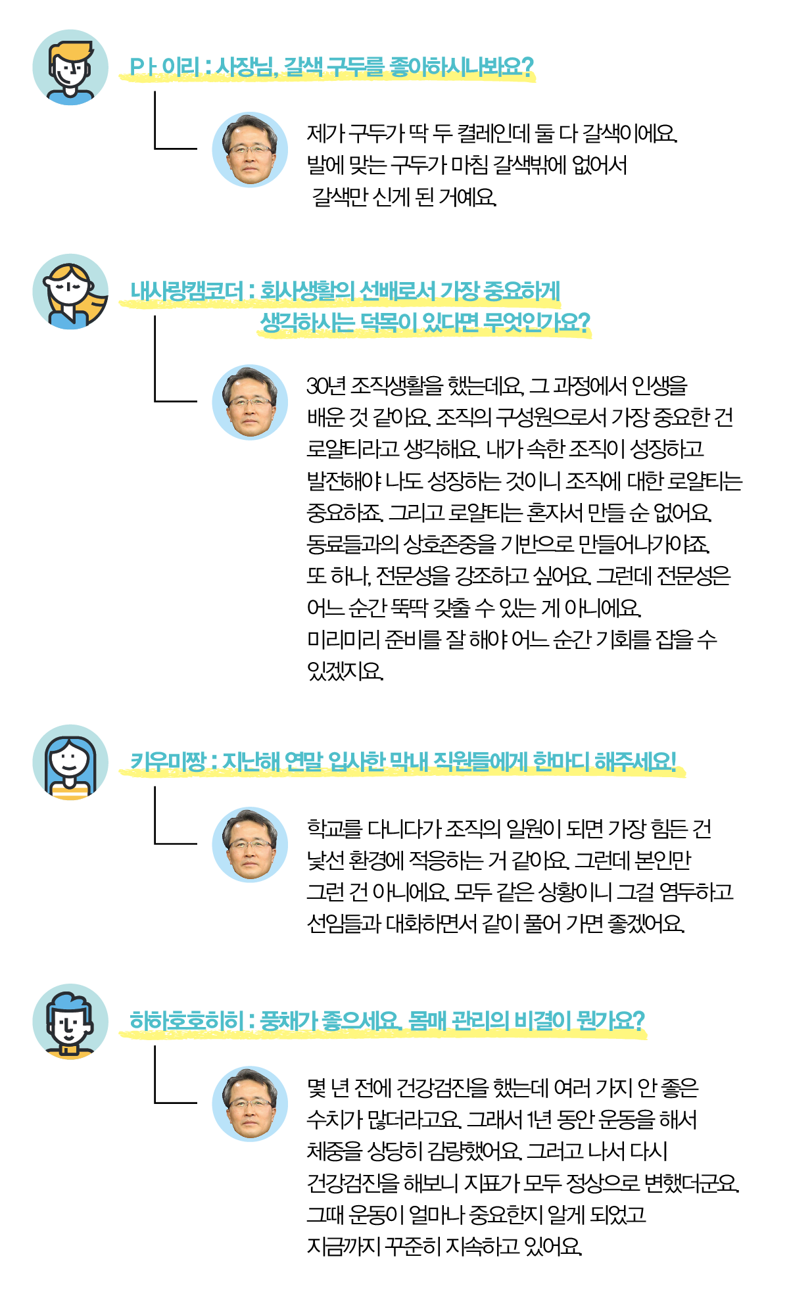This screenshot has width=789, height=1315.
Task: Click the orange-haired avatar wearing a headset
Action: coord(70,67)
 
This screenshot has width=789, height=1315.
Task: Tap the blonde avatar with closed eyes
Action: coord(70,292)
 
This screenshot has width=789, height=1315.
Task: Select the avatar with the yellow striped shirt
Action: coord(70,763)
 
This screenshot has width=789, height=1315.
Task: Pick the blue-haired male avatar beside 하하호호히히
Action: coord(70,1021)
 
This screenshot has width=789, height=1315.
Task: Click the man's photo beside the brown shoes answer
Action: coord(250,150)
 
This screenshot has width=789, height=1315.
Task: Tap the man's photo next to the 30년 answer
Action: coord(250,402)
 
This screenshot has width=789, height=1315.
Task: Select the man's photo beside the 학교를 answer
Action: coord(250,844)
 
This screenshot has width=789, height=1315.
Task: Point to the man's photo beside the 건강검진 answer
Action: coord(250,1103)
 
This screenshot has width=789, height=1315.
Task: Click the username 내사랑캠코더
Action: coord(187,291)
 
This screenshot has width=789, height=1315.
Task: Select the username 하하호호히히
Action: coord(186,1020)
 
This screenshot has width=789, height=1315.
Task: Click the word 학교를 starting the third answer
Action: coord(335,829)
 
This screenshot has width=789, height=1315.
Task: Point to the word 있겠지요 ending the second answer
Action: coord(345,671)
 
